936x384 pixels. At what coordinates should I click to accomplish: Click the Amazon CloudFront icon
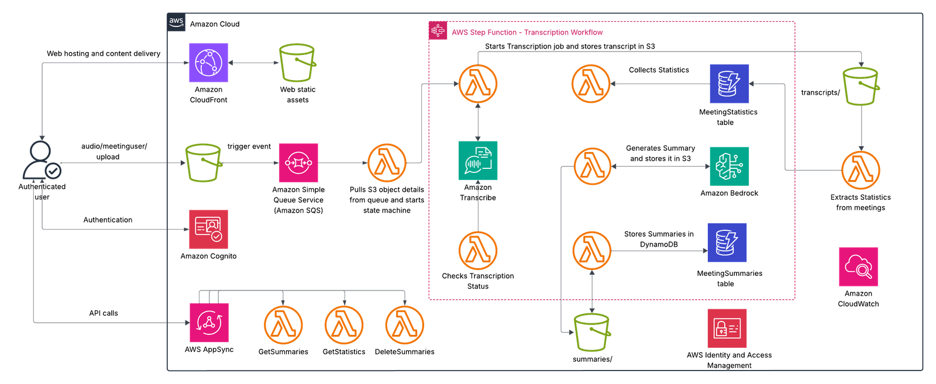click(x=208, y=63)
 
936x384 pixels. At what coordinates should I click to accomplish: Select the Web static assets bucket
click(x=297, y=63)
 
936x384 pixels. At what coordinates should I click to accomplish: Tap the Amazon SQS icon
click(x=298, y=163)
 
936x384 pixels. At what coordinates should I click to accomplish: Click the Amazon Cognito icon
click(x=208, y=229)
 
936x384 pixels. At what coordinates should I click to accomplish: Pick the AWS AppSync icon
click(x=209, y=323)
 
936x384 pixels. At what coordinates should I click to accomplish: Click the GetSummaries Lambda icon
click(x=283, y=325)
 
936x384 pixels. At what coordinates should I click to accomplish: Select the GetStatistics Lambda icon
click(x=344, y=325)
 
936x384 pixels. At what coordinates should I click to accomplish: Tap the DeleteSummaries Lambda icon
click(x=404, y=325)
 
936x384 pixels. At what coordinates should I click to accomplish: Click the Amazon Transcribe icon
click(x=478, y=161)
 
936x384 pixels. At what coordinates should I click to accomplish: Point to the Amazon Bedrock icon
click(x=729, y=166)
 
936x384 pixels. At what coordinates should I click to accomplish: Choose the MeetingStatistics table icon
click(x=729, y=84)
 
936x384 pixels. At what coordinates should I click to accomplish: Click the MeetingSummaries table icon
click(x=727, y=243)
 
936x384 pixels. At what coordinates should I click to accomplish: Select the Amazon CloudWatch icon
click(x=858, y=267)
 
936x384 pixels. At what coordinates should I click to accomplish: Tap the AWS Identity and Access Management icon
click(x=727, y=328)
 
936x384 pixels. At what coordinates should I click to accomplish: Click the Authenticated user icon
click(x=42, y=160)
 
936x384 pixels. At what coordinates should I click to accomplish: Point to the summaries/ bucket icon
click(x=592, y=332)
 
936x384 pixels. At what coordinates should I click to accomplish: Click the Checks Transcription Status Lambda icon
click(x=478, y=250)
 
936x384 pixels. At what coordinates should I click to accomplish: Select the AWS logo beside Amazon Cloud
click(x=176, y=22)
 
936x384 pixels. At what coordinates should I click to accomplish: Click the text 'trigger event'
click(x=249, y=147)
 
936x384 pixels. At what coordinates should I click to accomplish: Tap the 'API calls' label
click(x=104, y=313)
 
